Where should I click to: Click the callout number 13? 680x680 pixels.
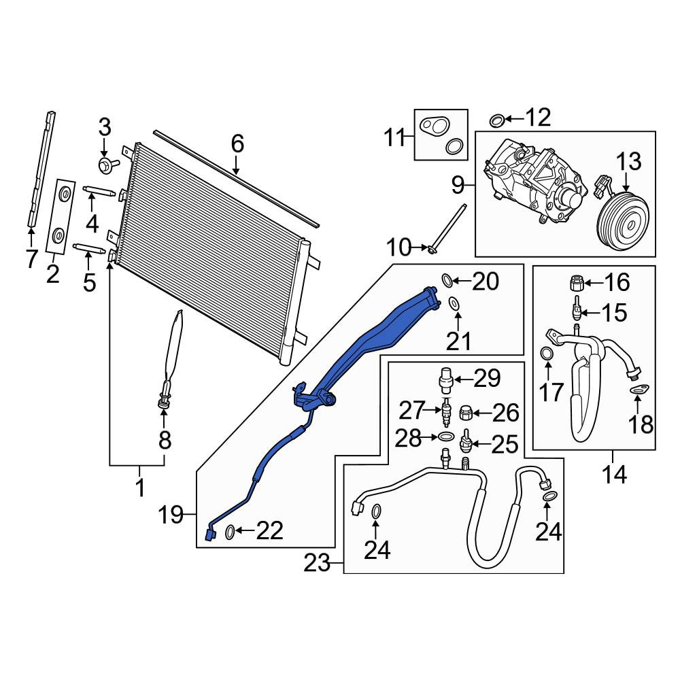click(628, 162)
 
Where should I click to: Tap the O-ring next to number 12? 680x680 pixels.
click(496, 120)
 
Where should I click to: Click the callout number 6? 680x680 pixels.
click(237, 143)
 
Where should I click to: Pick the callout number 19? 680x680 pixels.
click(171, 515)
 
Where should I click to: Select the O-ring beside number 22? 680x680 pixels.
click(230, 532)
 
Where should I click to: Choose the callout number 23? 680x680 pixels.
click(317, 564)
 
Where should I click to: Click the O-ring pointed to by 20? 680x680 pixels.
click(447, 280)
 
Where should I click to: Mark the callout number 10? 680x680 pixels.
click(398, 248)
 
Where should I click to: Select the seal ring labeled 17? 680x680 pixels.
click(547, 354)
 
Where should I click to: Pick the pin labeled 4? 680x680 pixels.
click(99, 192)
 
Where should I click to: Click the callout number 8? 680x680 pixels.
click(165, 440)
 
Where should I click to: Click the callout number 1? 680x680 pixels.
click(139, 488)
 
